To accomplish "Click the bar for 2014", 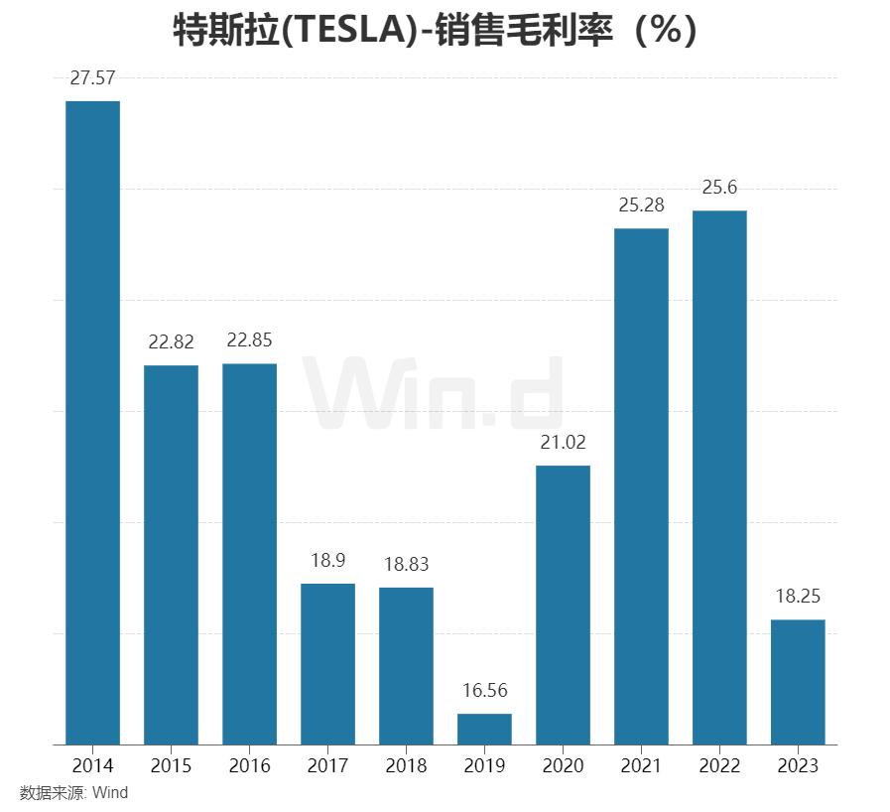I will click(92, 422).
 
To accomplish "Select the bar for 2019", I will click(484, 729).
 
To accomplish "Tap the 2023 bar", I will click(798, 681).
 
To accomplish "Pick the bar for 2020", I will click(563, 604).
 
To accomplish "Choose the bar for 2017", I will click(327, 663).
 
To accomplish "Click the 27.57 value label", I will click(92, 79).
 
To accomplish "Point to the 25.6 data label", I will click(719, 188).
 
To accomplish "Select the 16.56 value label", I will click(484, 691).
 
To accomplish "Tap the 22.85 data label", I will click(249, 340).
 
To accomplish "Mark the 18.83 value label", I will click(406, 564).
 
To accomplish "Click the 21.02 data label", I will click(563, 443).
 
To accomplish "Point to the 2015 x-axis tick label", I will click(171, 765).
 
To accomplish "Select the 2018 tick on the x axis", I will click(406, 765).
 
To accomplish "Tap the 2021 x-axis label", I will click(641, 765).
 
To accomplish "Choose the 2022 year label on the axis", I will click(719, 765).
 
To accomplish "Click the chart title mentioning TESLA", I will click(436, 31).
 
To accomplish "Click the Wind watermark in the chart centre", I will click(434, 394).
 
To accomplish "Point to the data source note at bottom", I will click(74, 793).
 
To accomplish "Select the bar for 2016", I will click(249, 553).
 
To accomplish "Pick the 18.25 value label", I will click(798, 597).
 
